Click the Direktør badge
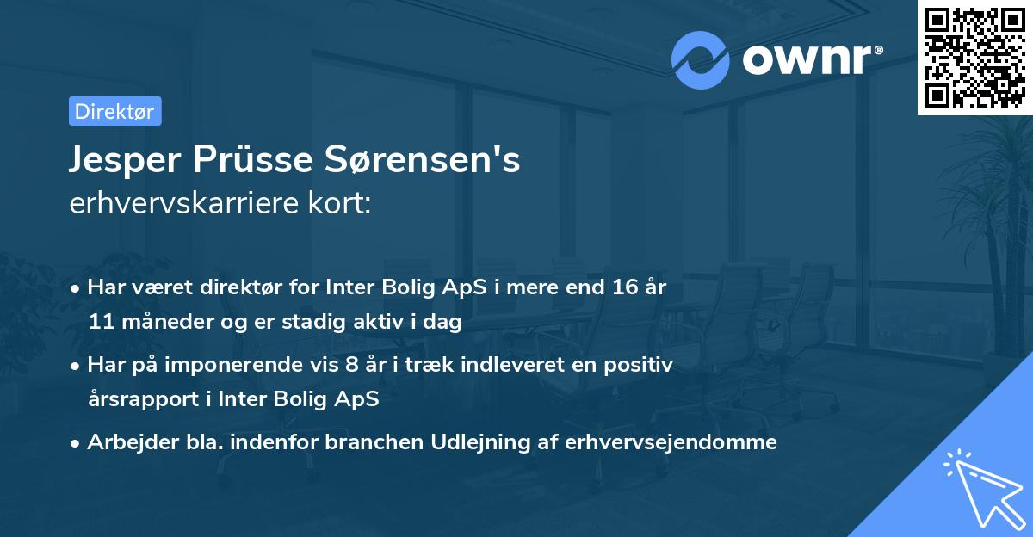pos(114,111)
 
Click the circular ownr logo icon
pos(701,60)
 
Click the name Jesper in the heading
pos(124,161)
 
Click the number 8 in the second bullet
pos(350,364)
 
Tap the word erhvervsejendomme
pos(671,442)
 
